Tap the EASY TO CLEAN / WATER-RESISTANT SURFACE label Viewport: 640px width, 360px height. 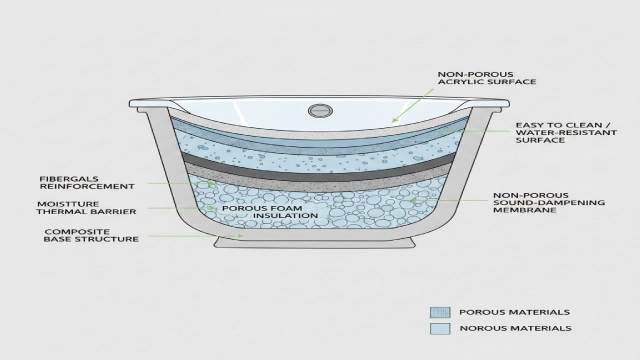tap(555, 133)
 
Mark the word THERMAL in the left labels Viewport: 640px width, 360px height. tap(65, 213)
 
